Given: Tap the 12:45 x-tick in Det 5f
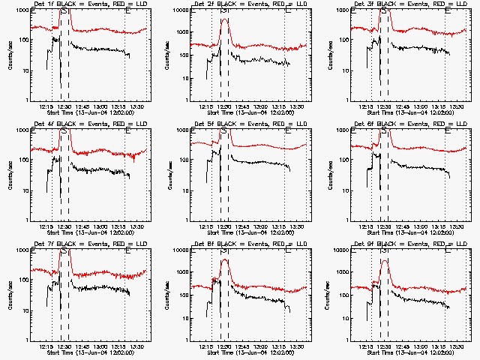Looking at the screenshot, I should [241, 227].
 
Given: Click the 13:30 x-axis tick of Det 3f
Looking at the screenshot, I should [457, 107].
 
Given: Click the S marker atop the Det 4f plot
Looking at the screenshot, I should [64, 130].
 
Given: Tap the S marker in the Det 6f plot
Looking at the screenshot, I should [384, 130].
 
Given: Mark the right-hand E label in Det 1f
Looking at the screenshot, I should [128, 10].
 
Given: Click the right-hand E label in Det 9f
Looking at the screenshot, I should [448, 250].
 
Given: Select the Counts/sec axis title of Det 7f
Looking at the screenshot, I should [10, 295].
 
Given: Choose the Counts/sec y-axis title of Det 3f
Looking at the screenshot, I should [330, 55].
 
